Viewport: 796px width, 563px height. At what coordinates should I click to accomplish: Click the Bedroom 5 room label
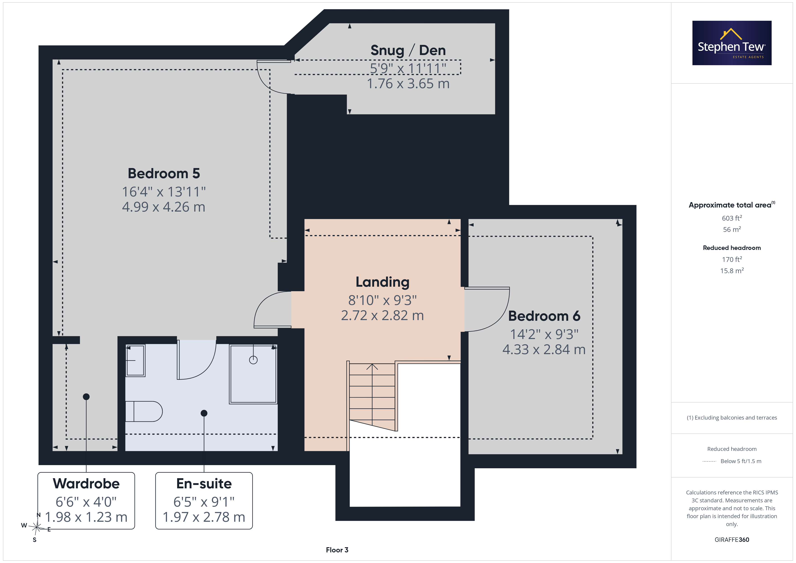coord(164,173)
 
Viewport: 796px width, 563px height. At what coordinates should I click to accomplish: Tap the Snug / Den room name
coord(408,50)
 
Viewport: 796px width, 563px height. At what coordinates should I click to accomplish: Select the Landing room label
coord(382,282)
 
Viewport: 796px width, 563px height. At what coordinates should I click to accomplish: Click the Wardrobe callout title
coord(86,483)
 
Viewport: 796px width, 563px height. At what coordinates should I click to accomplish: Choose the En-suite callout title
coord(204,483)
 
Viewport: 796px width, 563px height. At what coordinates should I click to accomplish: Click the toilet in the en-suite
coord(143,411)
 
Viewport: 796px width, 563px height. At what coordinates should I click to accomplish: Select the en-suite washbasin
coord(135,360)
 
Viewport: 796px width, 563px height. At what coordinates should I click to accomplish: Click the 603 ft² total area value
coord(732,218)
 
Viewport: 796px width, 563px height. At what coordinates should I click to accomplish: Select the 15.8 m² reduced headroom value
coord(732,270)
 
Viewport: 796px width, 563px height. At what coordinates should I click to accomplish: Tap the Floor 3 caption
coord(337,550)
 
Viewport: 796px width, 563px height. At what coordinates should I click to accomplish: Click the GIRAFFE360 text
coord(732,539)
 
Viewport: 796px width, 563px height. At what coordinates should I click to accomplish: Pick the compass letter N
coord(39,515)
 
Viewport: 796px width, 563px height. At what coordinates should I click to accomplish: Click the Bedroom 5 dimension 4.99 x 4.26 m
coord(164,207)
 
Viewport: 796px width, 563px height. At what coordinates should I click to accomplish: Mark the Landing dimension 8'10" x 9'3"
coord(382,300)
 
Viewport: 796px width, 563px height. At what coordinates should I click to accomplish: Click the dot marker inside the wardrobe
coord(86,397)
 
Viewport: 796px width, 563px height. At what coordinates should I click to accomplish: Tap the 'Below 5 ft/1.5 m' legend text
coord(741,461)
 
